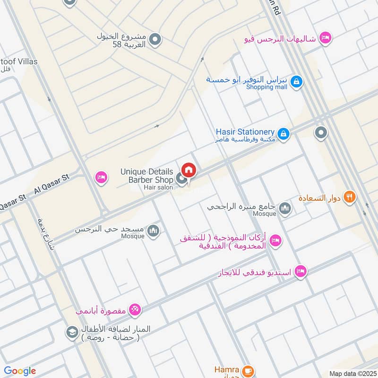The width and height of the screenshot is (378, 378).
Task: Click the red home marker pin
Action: coord(189,170)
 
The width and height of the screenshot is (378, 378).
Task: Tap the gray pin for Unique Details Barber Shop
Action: coord(180,178)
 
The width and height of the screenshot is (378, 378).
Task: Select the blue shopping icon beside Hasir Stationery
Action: coord(283,135)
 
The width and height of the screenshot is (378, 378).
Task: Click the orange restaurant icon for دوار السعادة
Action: coord(349,197)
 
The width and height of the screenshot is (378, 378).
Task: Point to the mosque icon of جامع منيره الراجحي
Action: coord(285,208)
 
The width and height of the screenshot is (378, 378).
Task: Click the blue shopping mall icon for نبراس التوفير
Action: coord(296,82)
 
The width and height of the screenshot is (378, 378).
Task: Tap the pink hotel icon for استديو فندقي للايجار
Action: coord(300,272)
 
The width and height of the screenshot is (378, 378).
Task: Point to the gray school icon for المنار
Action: coord(72,332)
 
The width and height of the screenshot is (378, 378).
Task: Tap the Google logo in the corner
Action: coord(20,371)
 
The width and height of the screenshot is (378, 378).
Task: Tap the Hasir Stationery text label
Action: coord(245,132)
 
